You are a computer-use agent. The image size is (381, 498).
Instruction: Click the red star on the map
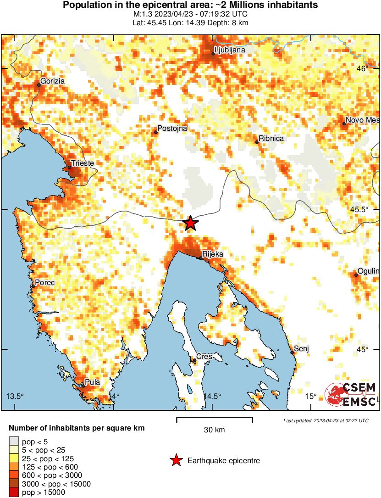pos(191,223)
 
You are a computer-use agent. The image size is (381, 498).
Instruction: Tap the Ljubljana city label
pos(230,50)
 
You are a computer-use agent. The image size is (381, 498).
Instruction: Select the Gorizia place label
pos(52,81)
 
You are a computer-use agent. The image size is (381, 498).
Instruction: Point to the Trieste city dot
pos(70,168)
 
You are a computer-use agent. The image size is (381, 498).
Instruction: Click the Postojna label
pos(172,129)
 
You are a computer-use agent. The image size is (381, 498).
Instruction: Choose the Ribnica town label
pos(271,138)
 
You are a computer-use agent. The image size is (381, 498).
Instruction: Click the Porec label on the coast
pos(44,282)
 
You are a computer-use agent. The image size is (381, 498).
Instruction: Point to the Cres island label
pos(204,356)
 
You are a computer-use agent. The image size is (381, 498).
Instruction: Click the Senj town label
pos(301,348)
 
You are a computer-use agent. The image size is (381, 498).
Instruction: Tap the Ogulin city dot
pos(356,275)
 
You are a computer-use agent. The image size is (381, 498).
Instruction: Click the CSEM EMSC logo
pos(351,394)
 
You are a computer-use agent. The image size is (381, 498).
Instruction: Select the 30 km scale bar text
pos(214,430)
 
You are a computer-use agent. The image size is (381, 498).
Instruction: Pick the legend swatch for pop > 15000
pos(14,492)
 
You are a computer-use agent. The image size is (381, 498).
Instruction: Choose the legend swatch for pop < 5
pos(14,442)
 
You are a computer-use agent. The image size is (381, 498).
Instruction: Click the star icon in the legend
pos(176,460)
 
